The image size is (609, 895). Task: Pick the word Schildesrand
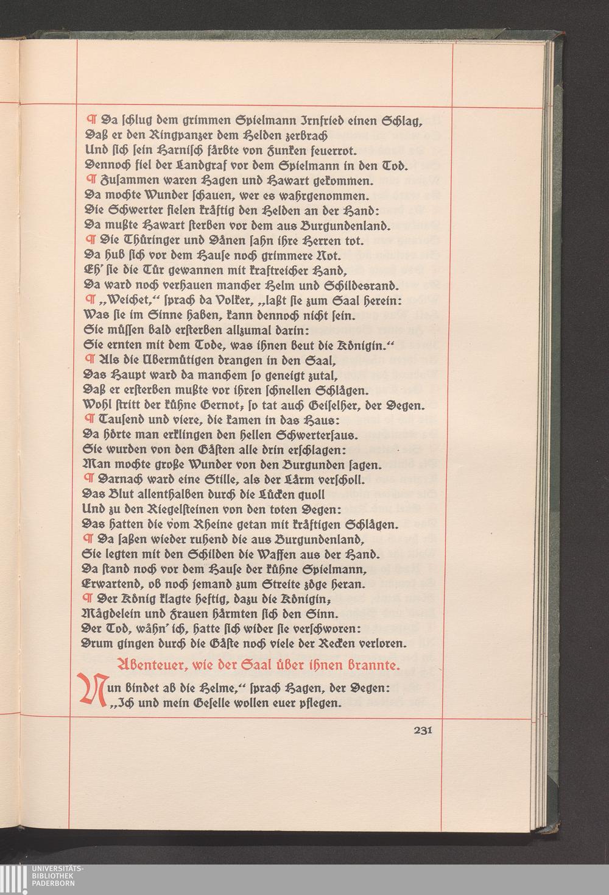359,285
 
